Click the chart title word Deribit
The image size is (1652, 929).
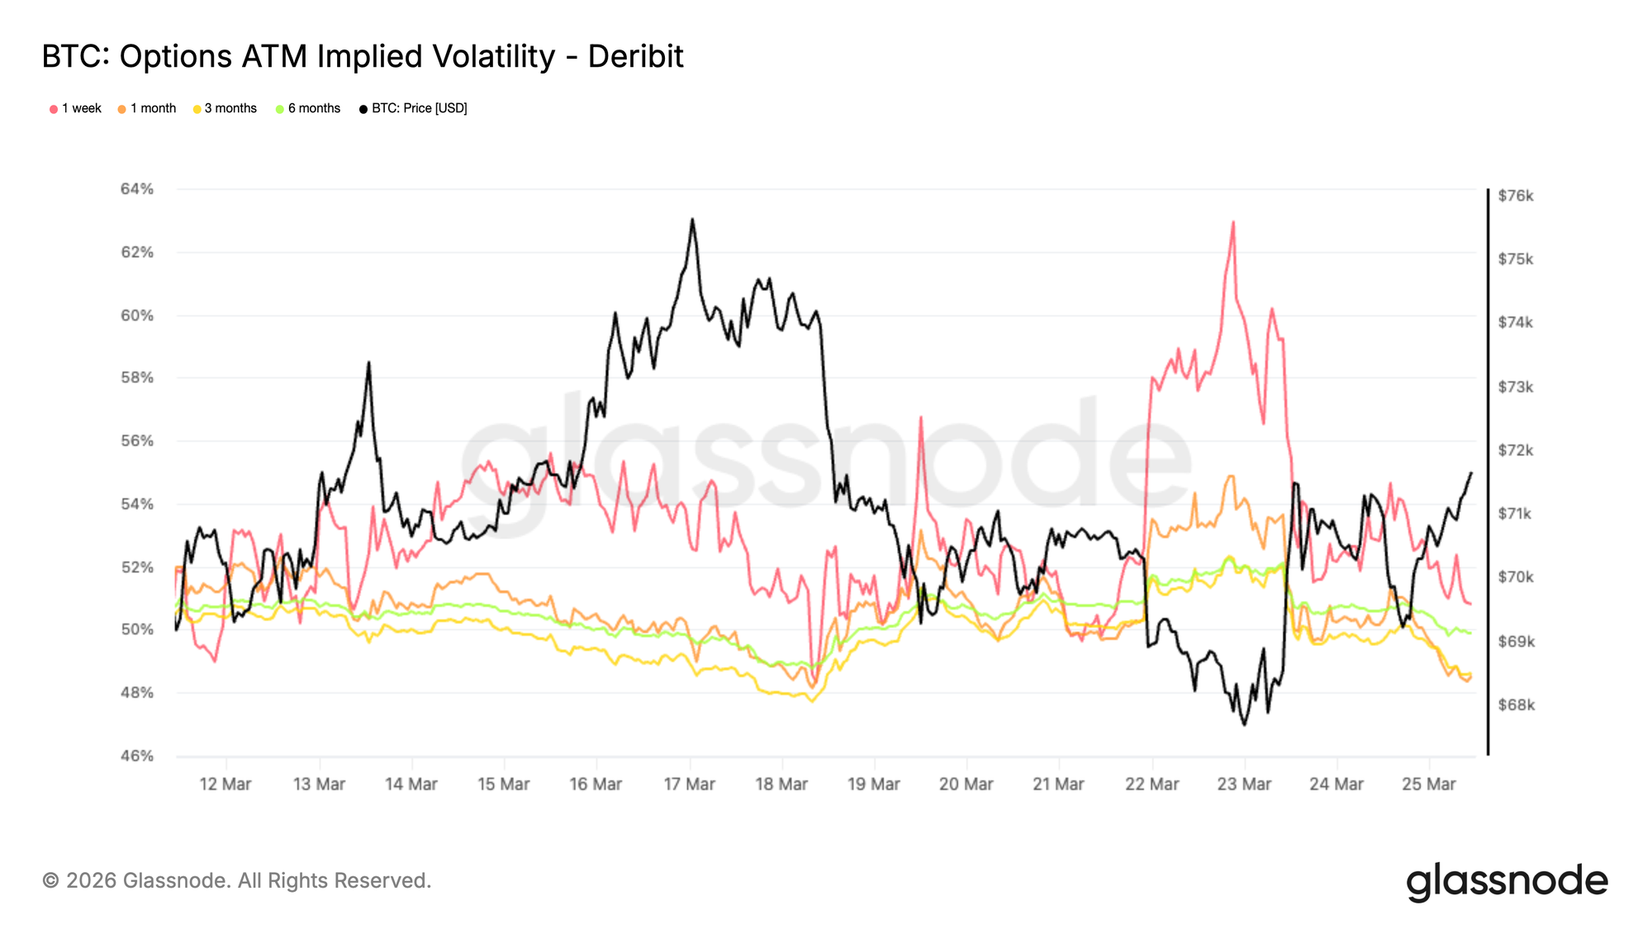[635, 57]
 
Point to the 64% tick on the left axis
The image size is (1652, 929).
[137, 189]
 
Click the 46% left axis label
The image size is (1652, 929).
[137, 756]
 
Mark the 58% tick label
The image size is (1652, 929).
[137, 377]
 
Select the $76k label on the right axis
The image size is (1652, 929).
[1516, 196]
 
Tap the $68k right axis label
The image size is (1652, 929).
[1516, 705]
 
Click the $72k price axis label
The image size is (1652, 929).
[1516, 450]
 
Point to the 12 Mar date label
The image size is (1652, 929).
[225, 784]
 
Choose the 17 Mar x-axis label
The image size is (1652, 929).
[689, 784]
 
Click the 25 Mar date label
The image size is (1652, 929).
[1428, 784]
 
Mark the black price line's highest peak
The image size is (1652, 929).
[692, 220]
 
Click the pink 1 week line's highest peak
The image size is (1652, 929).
[1233, 222]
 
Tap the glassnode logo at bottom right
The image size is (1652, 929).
[1507, 882]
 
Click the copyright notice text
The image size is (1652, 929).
[236, 881]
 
